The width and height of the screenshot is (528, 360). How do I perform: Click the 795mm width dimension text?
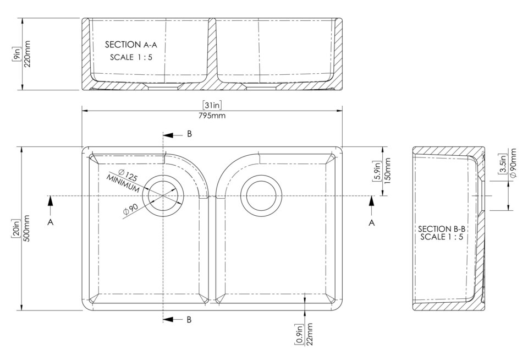[212, 116]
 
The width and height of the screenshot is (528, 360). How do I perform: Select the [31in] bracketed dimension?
[212, 105]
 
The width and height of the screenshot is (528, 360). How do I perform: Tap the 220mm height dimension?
[28, 53]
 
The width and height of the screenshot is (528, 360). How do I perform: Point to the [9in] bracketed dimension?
[17, 53]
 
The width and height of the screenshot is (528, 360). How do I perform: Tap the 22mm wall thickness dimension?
[310, 334]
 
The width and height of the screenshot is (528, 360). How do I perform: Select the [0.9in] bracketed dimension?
[300, 334]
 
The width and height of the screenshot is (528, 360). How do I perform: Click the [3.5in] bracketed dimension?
[502, 164]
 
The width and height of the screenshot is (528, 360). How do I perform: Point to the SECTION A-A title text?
[134, 45]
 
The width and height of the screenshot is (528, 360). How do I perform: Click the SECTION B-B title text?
[442, 229]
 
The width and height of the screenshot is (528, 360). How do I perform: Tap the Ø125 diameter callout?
[127, 176]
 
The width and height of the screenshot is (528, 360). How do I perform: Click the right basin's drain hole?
[262, 196]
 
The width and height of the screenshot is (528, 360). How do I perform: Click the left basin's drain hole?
[163, 196]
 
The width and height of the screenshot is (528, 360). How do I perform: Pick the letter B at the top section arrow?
[189, 134]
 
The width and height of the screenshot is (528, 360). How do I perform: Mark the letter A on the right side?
[371, 222]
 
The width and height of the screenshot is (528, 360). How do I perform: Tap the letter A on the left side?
[51, 222]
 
